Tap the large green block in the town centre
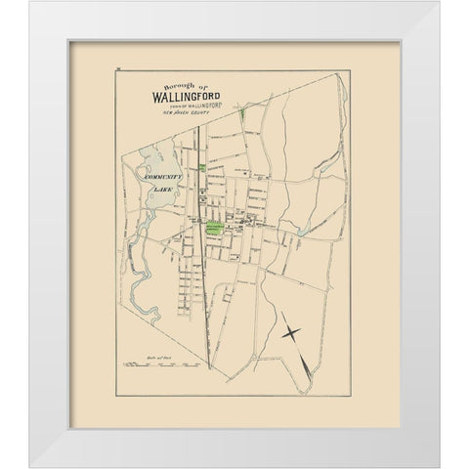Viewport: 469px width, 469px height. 215,228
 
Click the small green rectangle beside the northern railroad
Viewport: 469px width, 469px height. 202,168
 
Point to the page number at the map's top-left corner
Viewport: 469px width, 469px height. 115,68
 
